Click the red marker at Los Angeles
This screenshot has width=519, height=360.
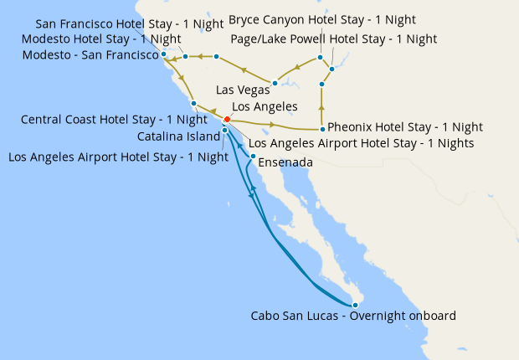[x=227, y=120]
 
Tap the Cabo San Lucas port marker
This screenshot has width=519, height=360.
[x=356, y=305]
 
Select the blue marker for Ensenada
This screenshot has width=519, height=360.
[x=253, y=157]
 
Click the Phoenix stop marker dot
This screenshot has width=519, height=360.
[x=322, y=129]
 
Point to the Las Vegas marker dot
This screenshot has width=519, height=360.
[x=275, y=85]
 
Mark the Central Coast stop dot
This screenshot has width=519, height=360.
[x=193, y=104]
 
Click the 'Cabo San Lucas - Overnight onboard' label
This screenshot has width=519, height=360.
[x=353, y=316]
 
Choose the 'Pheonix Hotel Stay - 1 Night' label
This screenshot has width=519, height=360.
[x=405, y=127]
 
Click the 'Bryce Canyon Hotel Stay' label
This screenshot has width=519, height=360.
[x=322, y=19]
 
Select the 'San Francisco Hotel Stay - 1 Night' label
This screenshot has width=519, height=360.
[x=130, y=23]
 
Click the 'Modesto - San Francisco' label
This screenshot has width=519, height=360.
[x=92, y=55]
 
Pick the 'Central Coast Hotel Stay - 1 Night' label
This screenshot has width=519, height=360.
[x=114, y=120]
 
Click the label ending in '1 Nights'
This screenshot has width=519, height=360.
[x=362, y=143]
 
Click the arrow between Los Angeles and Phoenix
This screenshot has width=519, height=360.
[x=272, y=125]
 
